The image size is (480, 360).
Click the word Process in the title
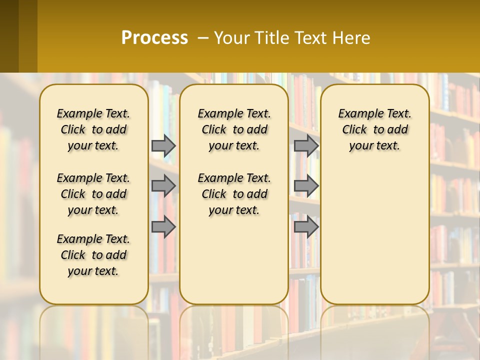click(x=154, y=37)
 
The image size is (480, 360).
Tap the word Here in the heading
click(x=352, y=37)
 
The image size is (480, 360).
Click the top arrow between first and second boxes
click(x=163, y=145)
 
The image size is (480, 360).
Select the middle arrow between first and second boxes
click(x=163, y=186)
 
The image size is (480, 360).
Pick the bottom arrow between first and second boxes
click(x=163, y=226)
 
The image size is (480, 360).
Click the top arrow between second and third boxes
click(x=306, y=145)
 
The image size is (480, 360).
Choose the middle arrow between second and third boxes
click(x=306, y=186)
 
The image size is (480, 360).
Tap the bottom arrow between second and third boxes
click(x=306, y=226)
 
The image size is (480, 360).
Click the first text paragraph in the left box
click(x=93, y=129)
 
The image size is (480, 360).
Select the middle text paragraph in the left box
click(x=93, y=194)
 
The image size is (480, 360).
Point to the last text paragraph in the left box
click(x=93, y=255)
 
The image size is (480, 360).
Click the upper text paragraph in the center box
click(x=234, y=129)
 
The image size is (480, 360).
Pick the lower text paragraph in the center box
click(x=234, y=194)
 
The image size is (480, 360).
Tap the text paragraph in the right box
click(x=374, y=129)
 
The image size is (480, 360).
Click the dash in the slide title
click(x=203, y=37)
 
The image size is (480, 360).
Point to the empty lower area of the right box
click(x=374, y=230)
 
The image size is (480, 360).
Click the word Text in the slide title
click(x=312, y=37)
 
